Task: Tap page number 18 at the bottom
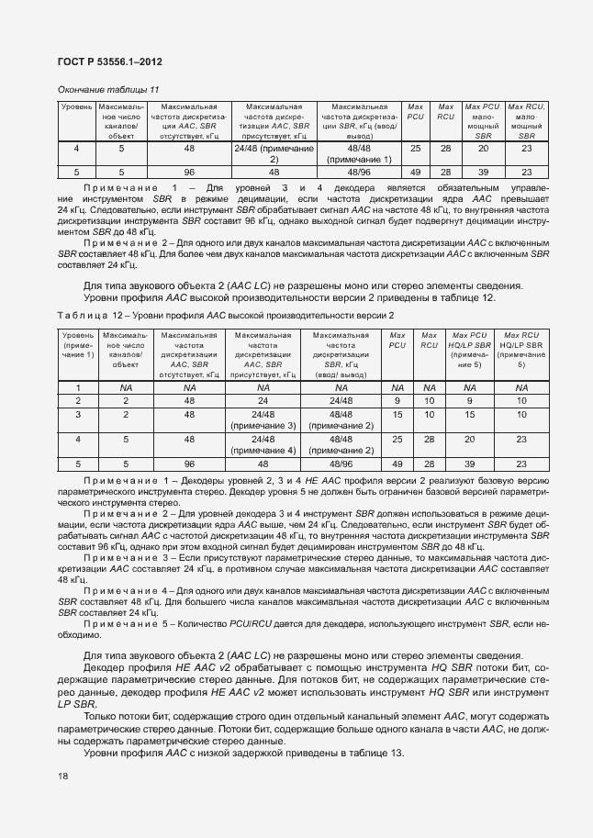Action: point(63,776)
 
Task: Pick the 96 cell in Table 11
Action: point(189,172)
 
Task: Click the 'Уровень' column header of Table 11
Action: point(76,107)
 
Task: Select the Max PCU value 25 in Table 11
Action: point(415,149)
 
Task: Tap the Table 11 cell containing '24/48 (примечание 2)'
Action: point(274,153)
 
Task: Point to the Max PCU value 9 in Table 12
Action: point(397,400)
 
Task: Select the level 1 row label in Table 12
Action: point(77,388)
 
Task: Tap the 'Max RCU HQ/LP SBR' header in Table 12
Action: point(521,350)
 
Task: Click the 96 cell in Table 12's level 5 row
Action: point(189,464)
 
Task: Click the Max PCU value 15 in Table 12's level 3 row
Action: point(397,414)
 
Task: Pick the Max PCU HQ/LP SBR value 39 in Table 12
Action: point(469,464)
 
